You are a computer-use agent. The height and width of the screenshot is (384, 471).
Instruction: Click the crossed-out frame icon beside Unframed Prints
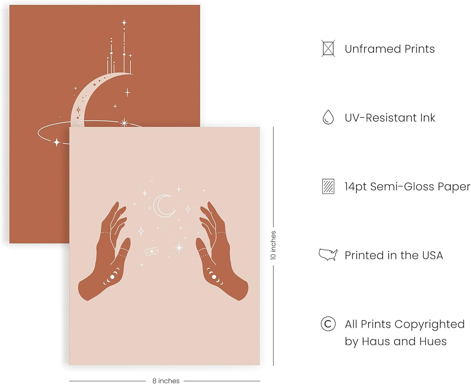click(x=328, y=49)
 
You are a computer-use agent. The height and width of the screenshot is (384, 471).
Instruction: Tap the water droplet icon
click(x=328, y=117)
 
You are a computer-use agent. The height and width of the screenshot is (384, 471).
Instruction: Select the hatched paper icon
click(x=328, y=186)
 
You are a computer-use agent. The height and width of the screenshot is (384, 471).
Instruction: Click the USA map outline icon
click(x=328, y=255)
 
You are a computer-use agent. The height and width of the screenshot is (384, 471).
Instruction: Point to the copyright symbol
click(x=328, y=324)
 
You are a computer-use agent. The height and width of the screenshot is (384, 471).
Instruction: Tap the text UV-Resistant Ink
click(x=390, y=118)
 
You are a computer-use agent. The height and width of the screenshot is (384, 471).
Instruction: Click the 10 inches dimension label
click(x=273, y=245)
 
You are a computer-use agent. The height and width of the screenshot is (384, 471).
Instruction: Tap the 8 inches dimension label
click(x=166, y=381)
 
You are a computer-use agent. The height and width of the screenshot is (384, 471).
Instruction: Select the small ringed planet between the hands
click(x=152, y=252)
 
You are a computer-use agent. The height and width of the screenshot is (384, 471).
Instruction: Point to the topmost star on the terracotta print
click(x=124, y=22)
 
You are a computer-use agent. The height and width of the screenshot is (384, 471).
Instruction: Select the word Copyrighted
click(x=430, y=324)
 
